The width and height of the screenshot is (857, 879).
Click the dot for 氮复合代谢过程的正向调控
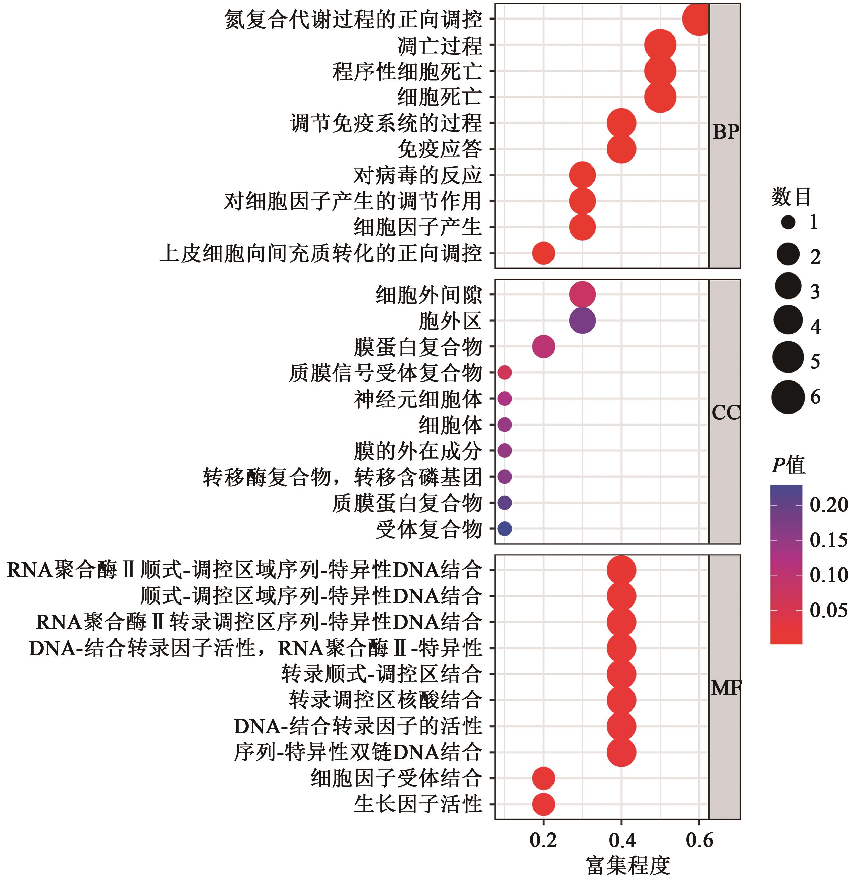[x=697, y=19]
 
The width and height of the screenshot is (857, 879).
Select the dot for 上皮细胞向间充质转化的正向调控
[x=543, y=253]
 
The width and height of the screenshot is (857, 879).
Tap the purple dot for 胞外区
[x=582, y=321]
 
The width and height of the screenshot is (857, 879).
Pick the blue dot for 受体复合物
[x=505, y=528]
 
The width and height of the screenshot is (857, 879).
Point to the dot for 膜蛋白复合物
[x=543, y=346]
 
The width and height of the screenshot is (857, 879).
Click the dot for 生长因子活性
[x=543, y=804]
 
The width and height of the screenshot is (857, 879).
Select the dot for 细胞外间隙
[x=582, y=295]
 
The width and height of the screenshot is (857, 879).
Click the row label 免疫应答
[x=439, y=149]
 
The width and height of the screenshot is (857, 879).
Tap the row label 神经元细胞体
[x=418, y=399]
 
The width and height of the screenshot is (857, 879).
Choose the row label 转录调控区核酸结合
[x=385, y=700]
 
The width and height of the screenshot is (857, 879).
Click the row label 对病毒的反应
[x=418, y=175]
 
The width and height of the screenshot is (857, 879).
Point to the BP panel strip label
[x=725, y=132]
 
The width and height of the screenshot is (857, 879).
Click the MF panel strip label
[x=725, y=688]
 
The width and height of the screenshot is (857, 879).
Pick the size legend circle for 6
[x=788, y=397]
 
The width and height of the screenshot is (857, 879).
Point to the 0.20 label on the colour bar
[x=828, y=505]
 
